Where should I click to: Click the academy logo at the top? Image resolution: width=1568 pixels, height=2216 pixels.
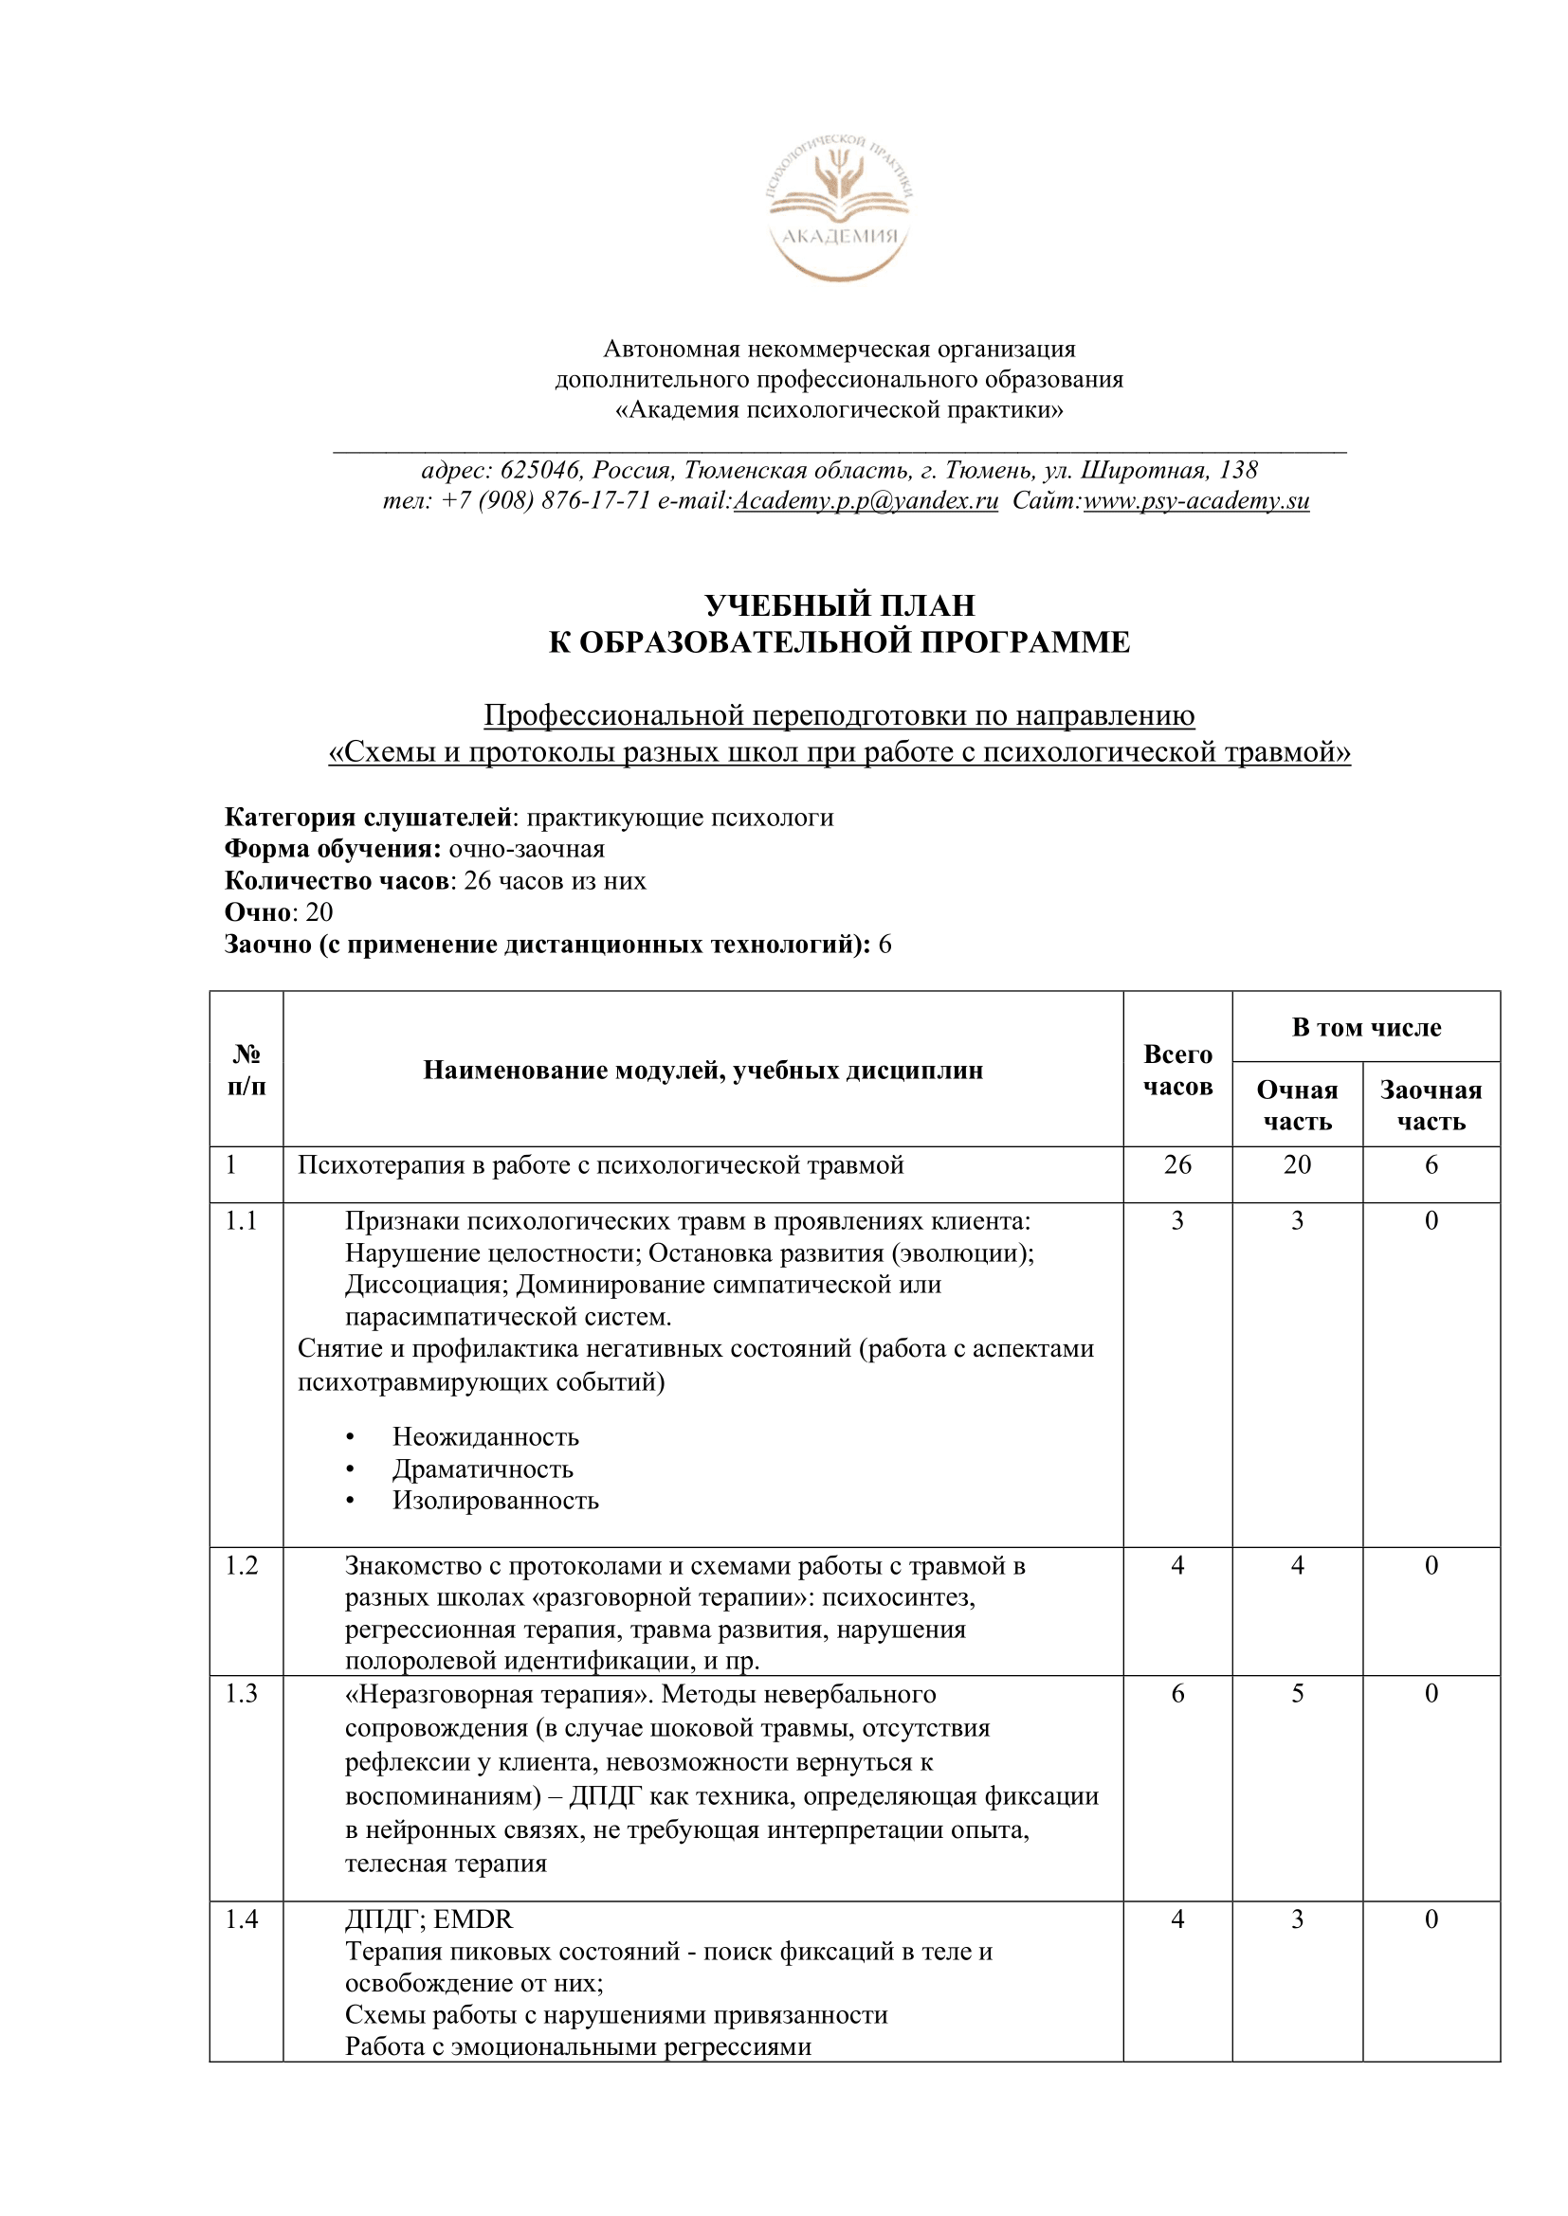pos(838,207)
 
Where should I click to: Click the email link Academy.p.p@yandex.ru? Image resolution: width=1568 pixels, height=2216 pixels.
pos(866,501)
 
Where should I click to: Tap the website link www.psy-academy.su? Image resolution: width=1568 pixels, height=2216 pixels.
pos(1195,501)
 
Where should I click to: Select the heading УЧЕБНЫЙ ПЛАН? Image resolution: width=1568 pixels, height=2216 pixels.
pos(839,605)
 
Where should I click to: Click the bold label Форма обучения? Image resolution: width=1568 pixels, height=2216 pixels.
pos(333,848)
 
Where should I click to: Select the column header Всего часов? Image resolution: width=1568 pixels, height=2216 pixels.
pos(1177,1070)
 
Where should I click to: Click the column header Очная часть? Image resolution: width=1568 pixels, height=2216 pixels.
pos(1297,1105)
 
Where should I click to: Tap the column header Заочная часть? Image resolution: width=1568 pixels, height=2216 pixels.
pos(1430,1105)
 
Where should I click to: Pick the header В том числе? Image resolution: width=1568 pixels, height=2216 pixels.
pos(1365,1027)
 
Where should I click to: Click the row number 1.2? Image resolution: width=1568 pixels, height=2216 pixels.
pos(242,1565)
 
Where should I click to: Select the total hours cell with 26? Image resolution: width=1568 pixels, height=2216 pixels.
pos(1177,1165)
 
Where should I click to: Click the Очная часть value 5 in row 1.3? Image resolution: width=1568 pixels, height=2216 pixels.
pos(1297,1693)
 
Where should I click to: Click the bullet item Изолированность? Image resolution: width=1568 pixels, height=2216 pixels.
pos(494,1501)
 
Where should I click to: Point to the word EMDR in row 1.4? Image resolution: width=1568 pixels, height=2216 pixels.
pos(473,1919)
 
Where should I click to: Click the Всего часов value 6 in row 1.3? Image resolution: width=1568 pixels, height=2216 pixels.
pos(1177,1693)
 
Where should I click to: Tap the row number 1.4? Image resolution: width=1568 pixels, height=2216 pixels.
pos(242,1919)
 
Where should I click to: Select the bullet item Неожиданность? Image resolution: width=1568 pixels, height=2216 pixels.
pos(484,1437)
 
